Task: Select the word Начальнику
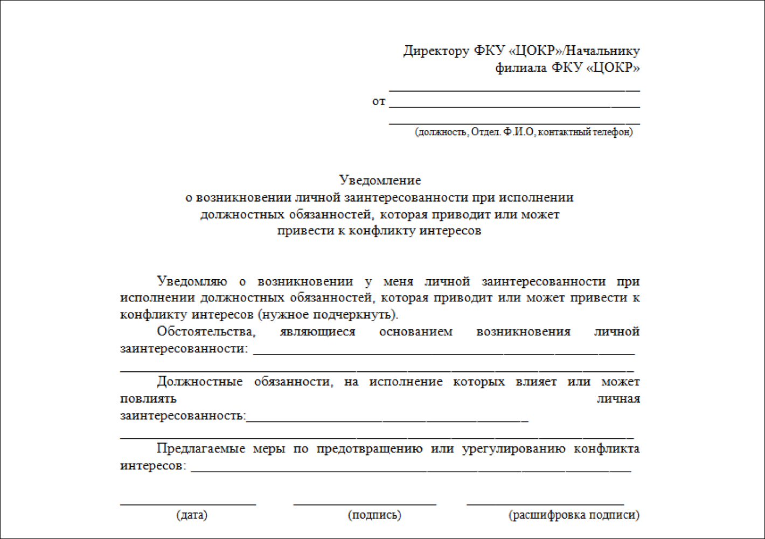click(x=603, y=51)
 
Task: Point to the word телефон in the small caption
click(x=612, y=132)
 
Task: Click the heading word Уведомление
click(x=380, y=180)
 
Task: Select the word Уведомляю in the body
click(x=192, y=281)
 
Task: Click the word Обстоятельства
click(x=206, y=331)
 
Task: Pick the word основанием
click(x=416, y=331)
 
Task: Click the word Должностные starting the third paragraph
click(x=199, y=382)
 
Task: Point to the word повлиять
click(x=148, y=399)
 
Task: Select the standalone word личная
click(x=618, y=399)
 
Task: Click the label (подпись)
click(x=374, y=515)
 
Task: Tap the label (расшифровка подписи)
click(x=574, y=515)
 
